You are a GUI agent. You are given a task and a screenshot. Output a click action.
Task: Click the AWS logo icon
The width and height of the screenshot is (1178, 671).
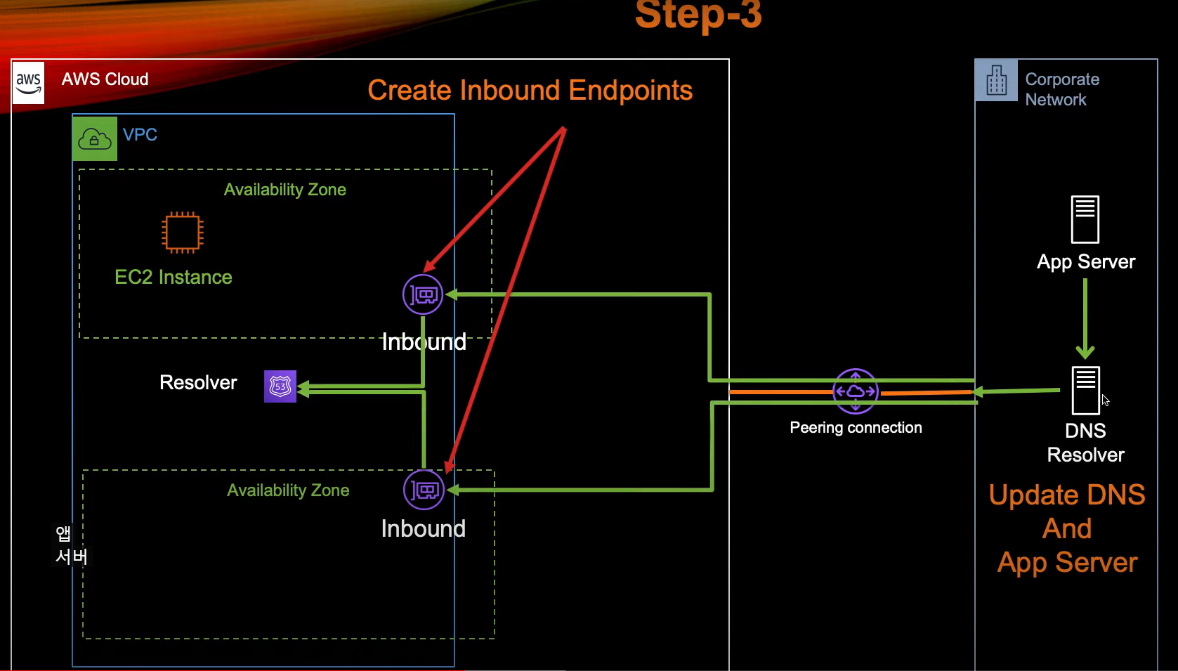pos(29,83)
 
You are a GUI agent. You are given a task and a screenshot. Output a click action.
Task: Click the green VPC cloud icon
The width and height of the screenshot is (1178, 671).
pos(95,138)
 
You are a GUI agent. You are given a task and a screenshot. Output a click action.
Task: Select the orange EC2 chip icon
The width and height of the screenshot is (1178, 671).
pos(183,232)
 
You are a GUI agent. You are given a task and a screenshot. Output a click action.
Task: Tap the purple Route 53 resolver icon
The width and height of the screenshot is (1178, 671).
pos(280,386)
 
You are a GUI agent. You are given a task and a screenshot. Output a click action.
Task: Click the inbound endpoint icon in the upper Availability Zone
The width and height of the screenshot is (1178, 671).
pos(423,294)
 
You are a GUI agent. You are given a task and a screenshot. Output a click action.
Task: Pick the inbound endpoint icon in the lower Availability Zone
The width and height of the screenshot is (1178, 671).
pos(424,490)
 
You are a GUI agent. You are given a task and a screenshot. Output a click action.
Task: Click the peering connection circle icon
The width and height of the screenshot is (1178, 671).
pos(855,391)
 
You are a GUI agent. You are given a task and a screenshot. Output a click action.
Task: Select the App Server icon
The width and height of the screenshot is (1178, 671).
pos(1085,219)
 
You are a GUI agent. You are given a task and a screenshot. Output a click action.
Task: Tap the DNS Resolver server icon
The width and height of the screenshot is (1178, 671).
pos(1085,390)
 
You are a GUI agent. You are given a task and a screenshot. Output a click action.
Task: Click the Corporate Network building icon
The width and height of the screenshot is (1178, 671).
pos(996,80)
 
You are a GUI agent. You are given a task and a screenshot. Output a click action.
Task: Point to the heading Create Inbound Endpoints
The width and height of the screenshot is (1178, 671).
pos(530,90)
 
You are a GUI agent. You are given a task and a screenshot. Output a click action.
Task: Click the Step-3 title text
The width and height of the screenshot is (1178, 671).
pos(698,15)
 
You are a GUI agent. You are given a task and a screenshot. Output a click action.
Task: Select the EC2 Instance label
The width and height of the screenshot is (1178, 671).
pos(174,277)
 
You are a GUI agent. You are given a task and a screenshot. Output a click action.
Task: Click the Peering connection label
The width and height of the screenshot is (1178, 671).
pos(856,427)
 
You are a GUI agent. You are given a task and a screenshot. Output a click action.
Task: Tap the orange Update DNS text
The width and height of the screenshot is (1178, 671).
pos(1066,495)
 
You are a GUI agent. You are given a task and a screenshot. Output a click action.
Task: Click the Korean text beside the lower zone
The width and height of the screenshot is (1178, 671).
pos(71,545)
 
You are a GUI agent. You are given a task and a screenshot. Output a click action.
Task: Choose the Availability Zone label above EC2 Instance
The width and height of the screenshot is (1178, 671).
pos(284,190)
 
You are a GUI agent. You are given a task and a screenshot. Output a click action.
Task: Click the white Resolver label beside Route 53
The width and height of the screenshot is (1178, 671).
pos(198,382)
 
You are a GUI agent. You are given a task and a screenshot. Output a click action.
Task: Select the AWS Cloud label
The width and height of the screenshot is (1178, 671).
pos(105,79)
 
